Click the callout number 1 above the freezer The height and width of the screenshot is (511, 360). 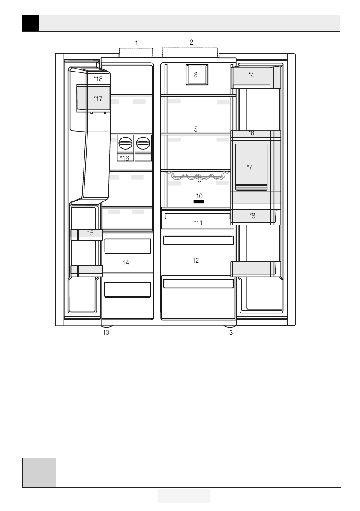[137, 43]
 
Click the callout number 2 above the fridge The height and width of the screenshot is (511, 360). [192, 42]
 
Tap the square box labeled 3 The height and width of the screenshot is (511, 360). [197, 75]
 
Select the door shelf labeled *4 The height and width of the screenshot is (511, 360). [256, 77]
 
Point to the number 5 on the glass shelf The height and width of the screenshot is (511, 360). [195, 129]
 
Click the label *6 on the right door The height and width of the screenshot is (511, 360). [251, 133]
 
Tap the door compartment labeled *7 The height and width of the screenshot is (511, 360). [251, 166]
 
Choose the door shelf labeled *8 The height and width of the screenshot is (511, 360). [256, 216]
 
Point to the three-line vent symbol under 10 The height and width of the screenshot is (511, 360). [199, 202]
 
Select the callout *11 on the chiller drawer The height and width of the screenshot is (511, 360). [198, 223]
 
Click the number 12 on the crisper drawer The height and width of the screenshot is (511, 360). [195, 260]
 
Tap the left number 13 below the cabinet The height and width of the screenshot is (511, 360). [106, 332]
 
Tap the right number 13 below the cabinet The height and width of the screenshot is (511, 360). [229, 332]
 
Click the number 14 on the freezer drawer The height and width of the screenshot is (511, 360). [126, 262]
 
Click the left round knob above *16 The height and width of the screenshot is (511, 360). [126, 143]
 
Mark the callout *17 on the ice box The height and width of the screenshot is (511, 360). [98, 99]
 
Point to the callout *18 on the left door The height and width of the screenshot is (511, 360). [98, 79]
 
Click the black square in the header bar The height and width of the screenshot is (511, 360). [30, 23]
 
